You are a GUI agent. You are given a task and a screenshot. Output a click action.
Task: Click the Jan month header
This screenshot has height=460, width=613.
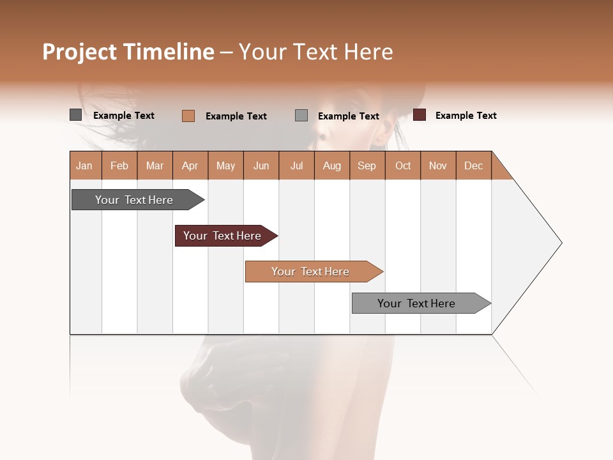(x=85, y=165)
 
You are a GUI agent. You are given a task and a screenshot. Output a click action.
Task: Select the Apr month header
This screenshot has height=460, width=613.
(x=190, y=165)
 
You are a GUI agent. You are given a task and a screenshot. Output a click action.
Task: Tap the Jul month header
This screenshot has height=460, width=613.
(x=297, y=165)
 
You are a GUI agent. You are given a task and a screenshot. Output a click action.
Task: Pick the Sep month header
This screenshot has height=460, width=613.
(x=367, y=165)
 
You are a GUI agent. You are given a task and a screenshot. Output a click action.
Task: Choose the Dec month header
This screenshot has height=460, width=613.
(x=473, y=165)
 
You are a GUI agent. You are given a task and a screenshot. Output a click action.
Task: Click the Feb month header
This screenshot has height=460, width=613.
(x=119, y=165)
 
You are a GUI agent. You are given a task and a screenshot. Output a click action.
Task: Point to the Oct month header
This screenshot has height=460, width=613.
(x=403, y=165)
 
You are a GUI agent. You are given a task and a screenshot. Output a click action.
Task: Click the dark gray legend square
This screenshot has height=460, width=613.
(x=75, y=115)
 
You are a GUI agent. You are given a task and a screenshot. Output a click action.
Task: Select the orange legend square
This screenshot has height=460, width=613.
(x=188, y=116)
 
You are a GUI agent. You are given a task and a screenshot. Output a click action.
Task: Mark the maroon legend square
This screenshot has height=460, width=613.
(x=419, y=115)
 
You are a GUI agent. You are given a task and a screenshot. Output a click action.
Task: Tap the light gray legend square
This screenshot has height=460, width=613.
(x=301, y=116)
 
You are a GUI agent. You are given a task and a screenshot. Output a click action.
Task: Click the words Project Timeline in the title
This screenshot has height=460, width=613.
(x=128, y=52)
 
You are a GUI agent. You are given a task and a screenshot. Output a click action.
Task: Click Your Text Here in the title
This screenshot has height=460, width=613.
(x=316, y=52)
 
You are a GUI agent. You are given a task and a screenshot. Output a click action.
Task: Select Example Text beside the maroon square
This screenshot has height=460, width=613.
(x=465, y=116)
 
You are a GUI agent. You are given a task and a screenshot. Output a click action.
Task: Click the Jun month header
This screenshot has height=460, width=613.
(x=261, y=165)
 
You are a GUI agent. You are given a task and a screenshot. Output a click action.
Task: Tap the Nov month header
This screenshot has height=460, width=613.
(x=438, y=165)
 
